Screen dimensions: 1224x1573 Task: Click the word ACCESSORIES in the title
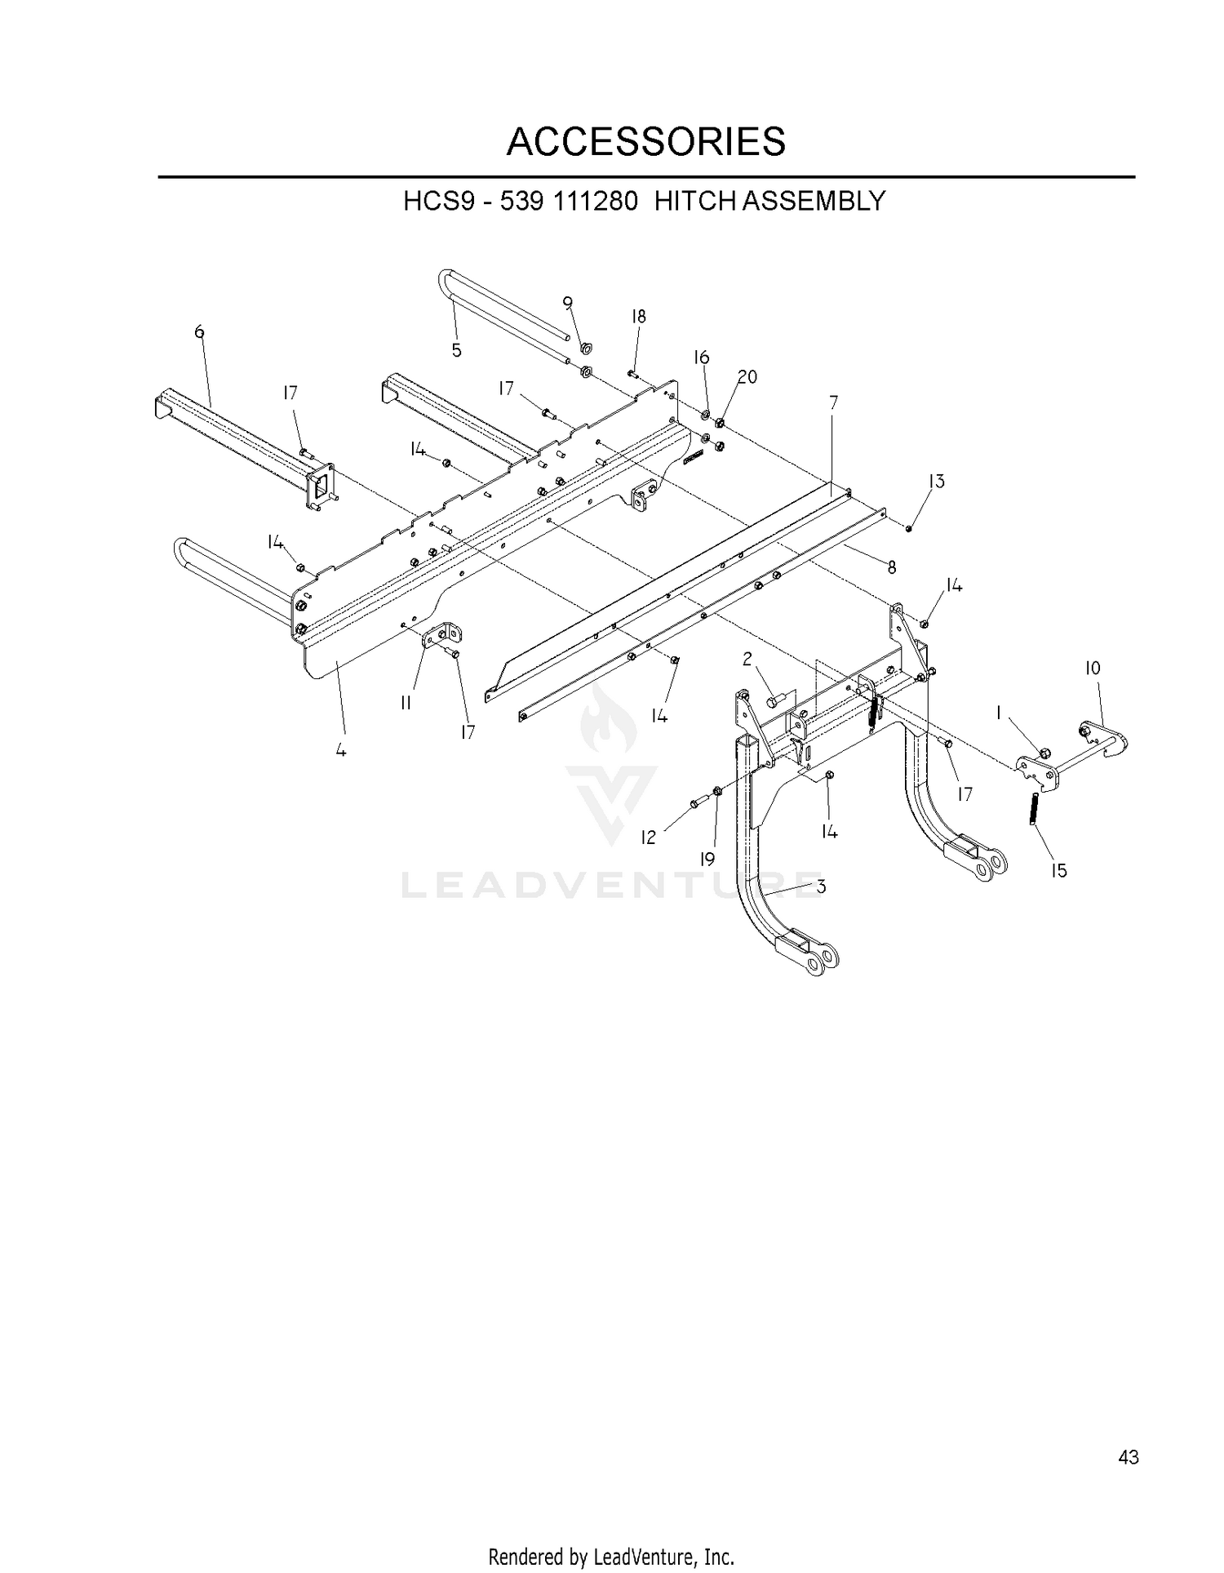pos(645,142)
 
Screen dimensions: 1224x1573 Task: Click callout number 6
pos(199,331)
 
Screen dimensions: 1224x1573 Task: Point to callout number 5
pos(457,350)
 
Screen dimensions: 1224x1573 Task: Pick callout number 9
pos(568,302)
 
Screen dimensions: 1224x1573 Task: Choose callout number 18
pos(638,317)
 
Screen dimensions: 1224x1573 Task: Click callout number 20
pos(747,376)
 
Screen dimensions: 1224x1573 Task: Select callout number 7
pos(833,402)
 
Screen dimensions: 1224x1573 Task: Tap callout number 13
pos(936,481)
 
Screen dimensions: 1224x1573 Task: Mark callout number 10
pos(1093,669)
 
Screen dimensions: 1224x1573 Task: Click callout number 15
pos(1058,871)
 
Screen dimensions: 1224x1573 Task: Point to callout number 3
pos(821,886)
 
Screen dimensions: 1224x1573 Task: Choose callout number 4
pos(341,749)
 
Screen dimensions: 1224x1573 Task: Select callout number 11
pos(406,703)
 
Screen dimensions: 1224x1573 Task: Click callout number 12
pos(648,838)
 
